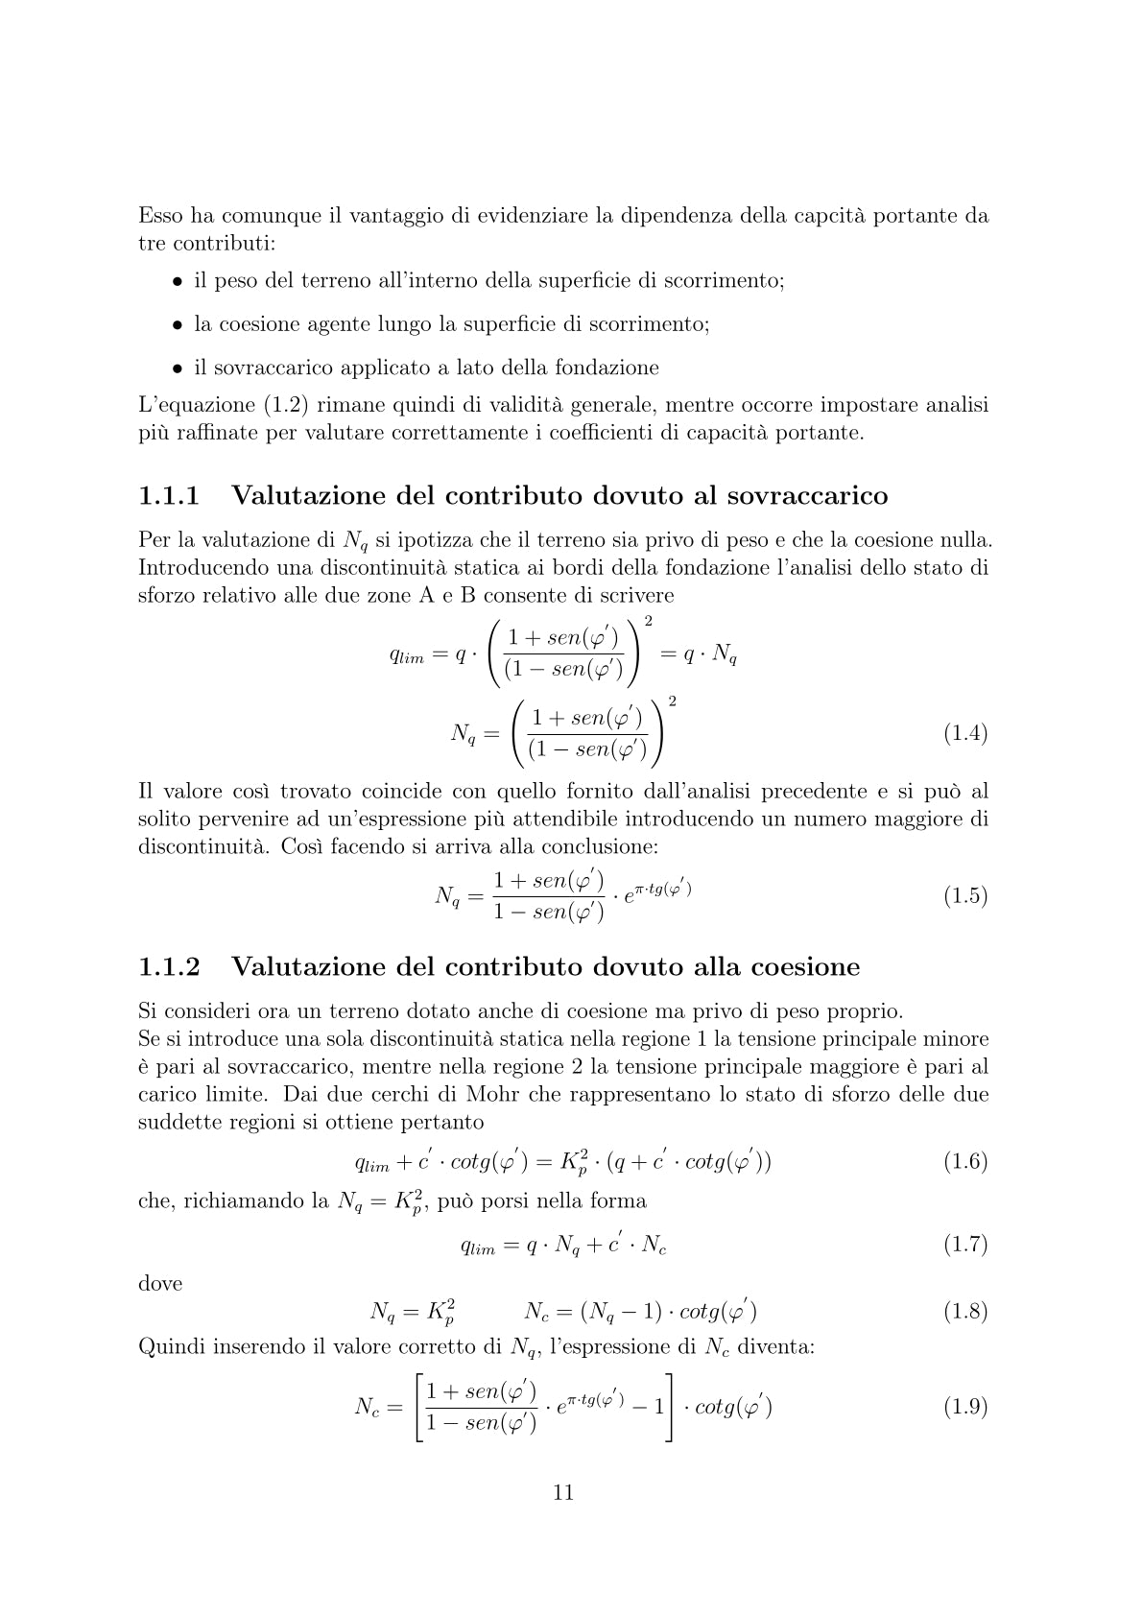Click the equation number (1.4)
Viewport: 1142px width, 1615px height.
[x=965, y=734]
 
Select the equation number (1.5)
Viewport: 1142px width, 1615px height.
[x=965, y=896]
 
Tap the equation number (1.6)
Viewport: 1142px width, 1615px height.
[x=965, y=1162]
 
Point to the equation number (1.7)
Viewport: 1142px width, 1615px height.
[x=965, y=1245]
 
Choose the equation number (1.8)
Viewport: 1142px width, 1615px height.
[x=965, y=1311]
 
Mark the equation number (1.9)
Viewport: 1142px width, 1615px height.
[x=965, y=1407]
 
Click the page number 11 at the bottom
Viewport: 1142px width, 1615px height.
[x=563, y=1492]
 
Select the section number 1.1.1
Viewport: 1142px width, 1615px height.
[x=170, y=496]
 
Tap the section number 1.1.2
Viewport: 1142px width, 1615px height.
[x=170, y=966]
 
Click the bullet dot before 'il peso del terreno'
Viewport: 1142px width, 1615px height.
[x=178, y=282]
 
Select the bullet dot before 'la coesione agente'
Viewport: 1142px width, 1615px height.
[x=178, y=325]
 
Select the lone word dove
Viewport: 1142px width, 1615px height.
[x=160, y=1283]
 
